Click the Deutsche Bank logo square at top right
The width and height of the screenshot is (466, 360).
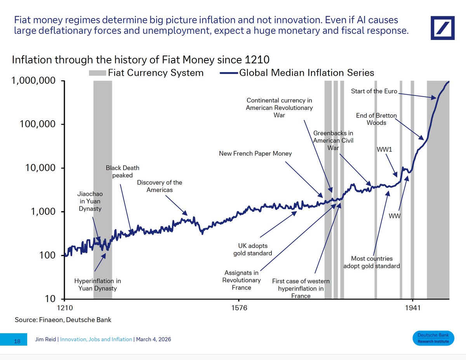[x=443, y=28]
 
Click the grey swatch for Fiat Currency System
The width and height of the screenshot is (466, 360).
[x=97, y=73]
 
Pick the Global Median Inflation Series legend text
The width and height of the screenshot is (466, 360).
[x=307, y=73]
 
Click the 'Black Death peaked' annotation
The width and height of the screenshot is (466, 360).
[x=122, y=171]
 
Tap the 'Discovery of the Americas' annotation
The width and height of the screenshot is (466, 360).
[x=159, y=186]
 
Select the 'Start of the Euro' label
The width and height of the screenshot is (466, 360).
[x=374, y=92]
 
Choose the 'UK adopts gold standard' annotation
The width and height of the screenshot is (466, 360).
[x=253, y=249]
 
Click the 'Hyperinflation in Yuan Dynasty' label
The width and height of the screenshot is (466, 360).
[x=97, y=284]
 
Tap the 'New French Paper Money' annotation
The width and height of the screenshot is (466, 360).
[x=255, y=154]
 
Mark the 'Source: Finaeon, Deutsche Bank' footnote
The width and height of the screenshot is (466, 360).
[x=63, y=320]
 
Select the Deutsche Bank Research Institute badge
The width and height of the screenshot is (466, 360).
[x=433, y=338]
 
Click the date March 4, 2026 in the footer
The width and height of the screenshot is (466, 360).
[x=153, y=339]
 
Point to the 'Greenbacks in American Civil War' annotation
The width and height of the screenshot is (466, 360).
[x=334, y=140]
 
